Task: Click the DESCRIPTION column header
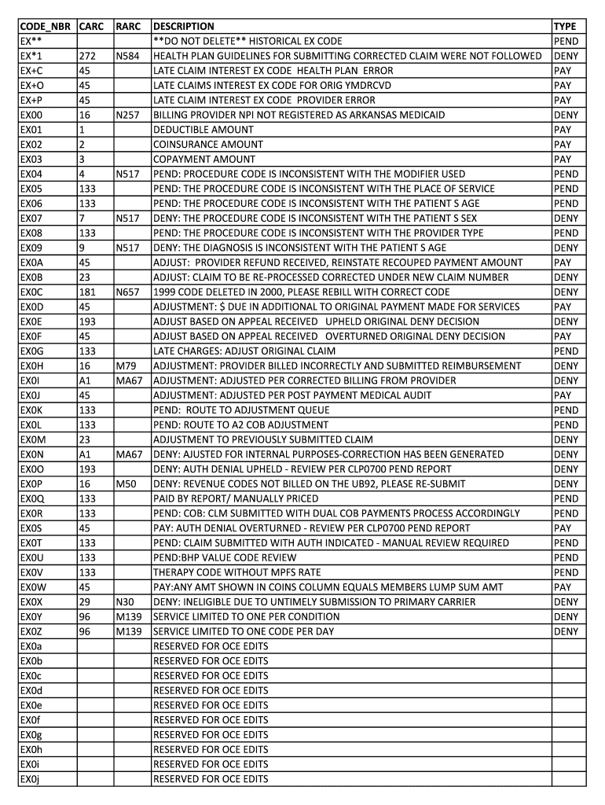coord(183,27)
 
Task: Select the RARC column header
coord(127,27)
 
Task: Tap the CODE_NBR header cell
coord(46,27)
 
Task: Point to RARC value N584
coord(128,56)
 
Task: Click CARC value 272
coord(87,56)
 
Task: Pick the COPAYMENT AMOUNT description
coord(203,160)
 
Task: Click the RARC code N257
coord(128,115)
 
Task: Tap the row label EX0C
coord(31,292)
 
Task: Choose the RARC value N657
coord(128,292)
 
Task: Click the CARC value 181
coord(87,292)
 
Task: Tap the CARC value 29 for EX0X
coord(85,602)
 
